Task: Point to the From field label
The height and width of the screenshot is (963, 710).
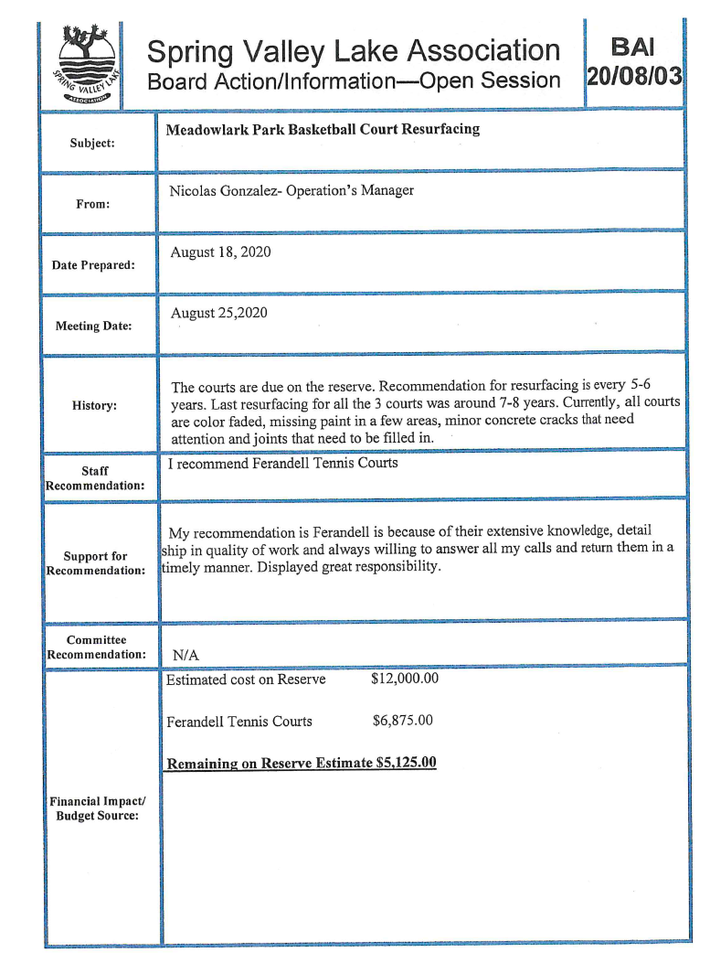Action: [92, 204]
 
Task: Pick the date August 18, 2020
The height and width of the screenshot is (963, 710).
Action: [220, 251]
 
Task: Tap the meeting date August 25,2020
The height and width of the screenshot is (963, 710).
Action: [219, 313]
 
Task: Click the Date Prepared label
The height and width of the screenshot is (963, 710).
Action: [93, 265]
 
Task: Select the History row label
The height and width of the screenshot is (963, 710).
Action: [94, 405]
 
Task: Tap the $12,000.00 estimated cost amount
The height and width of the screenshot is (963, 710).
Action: [405, 679]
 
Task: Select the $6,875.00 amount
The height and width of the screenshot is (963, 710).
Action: [403, 721]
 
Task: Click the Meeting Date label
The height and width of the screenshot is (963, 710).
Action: [93, 326]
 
